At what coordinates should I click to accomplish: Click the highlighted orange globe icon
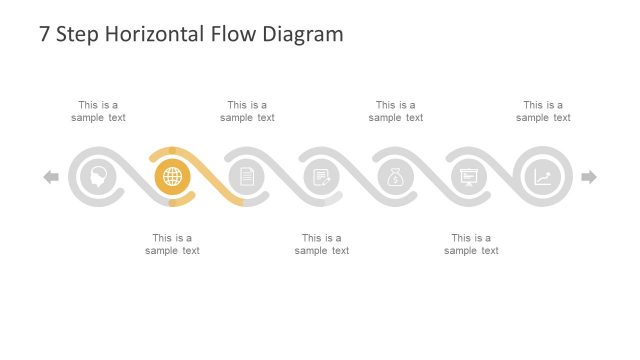172,177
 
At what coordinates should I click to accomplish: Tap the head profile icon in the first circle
98,177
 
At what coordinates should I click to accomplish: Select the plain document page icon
246,177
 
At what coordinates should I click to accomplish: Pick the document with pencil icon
321,177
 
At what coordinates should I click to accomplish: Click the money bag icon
395,177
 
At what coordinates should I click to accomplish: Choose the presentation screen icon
468,177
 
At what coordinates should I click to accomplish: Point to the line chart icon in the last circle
542,177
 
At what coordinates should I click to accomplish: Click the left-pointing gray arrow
51,177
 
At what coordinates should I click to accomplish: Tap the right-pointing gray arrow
589,177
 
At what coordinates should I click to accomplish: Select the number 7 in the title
44,34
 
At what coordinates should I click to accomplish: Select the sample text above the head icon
98,111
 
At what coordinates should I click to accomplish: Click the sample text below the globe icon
172,244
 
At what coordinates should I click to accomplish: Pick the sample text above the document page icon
247,111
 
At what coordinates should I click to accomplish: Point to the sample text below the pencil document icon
322,244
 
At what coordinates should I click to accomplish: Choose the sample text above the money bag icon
395,111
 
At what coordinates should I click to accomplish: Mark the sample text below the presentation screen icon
471,244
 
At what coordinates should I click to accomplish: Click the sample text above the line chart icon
543,111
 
